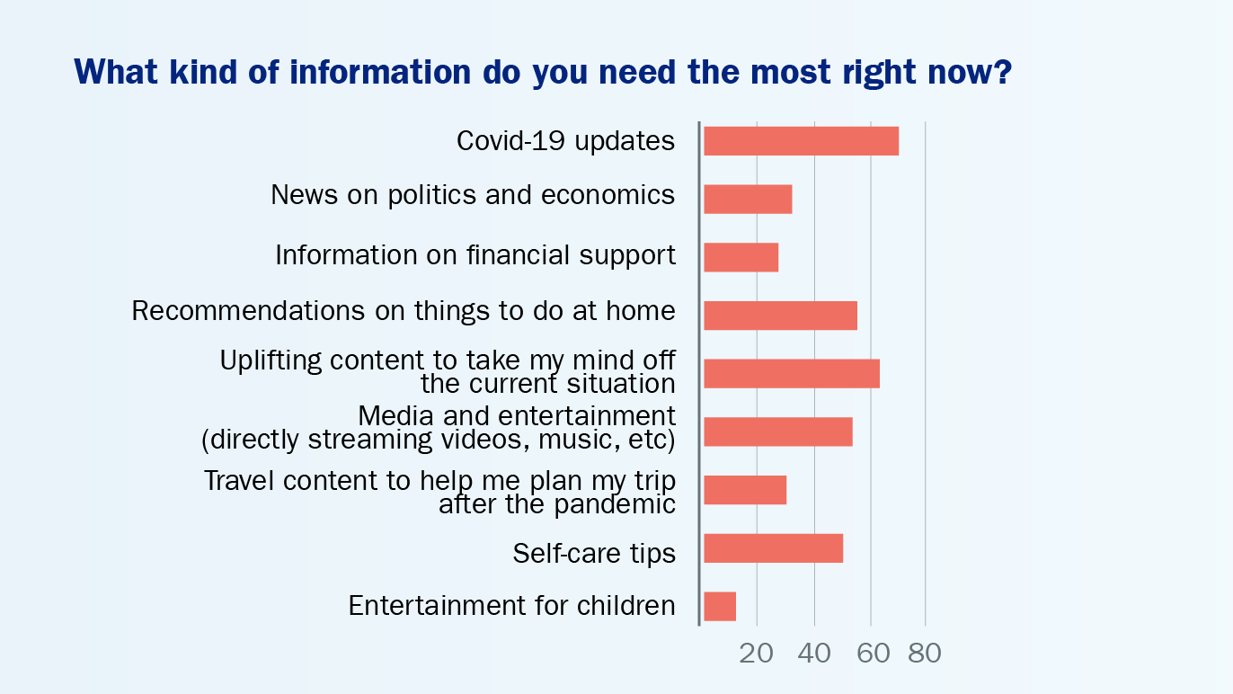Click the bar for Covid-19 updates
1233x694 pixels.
tap(802, 141)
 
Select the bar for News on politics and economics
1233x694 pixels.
tap(748, 199)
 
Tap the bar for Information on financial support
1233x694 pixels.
tap(741, 257)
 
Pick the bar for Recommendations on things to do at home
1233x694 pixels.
tap(781, 316)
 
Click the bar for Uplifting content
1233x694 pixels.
tap(792, 373)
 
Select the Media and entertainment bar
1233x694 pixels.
tap(778, 432)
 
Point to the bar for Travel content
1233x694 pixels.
tap(745, 490)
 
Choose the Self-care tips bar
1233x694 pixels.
tap(774, 548)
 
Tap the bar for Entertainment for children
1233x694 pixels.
tap(720, 607)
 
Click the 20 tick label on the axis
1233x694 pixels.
tap(757, 654)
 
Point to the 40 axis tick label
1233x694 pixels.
tap(814, 654)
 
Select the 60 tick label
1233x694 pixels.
tap(873, 654)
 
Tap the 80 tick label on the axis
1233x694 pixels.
tap(925, 654)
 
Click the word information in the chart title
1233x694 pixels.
tap(380, 72)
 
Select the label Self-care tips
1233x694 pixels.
tap(594, 553)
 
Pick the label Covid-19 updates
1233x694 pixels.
tap(565, 140)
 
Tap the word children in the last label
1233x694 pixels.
tap(625, 605)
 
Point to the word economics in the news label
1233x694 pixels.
tap(608, 194)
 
